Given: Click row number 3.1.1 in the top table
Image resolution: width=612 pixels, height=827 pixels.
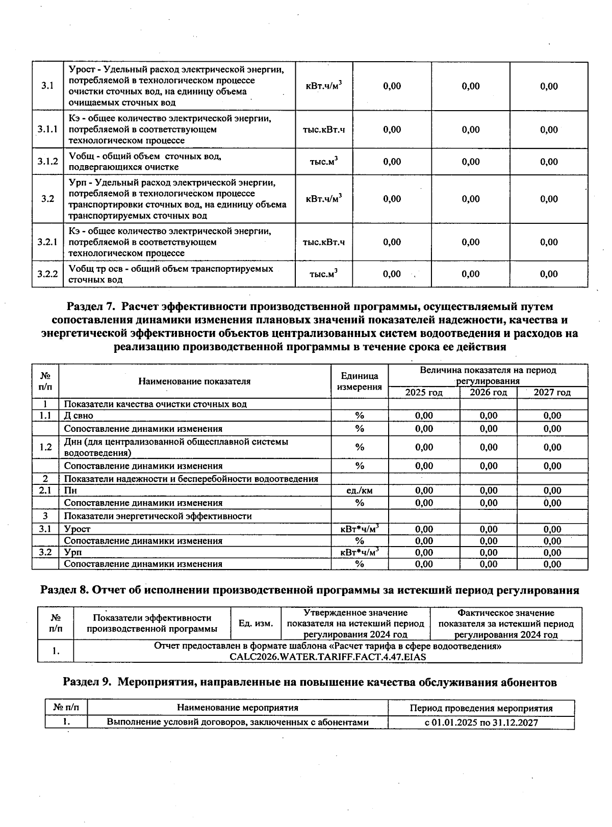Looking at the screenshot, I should [47, 130].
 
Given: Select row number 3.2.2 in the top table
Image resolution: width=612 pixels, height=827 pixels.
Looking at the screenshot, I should [47, 274].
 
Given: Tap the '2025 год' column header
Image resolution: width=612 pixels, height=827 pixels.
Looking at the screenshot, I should [424, 393].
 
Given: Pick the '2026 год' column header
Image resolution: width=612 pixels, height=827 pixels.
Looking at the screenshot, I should [488, 393].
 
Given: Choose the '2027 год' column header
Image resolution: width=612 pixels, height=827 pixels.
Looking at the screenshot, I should [552, 393].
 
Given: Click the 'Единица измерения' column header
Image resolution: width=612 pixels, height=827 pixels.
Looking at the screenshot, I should [360, 381].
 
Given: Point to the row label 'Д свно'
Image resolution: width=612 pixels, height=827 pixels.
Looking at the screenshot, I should [79, 416].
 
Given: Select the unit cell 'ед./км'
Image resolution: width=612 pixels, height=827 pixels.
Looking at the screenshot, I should [360, 491].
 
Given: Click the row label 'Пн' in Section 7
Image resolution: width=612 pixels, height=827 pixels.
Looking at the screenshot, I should [70, 491].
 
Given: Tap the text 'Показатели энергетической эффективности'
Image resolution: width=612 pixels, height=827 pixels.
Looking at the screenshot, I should [158, 516].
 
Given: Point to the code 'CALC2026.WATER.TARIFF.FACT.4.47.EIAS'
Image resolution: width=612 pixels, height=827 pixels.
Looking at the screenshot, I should [327, 657].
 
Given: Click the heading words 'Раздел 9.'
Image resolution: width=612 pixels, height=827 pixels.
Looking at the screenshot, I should [87, 682].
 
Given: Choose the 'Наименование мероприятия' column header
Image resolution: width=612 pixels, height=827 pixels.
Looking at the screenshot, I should [237, 708].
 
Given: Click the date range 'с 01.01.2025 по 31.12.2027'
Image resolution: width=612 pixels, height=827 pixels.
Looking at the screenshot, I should [481, 722].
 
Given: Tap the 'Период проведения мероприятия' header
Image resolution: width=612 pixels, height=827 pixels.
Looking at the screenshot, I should [481, 708].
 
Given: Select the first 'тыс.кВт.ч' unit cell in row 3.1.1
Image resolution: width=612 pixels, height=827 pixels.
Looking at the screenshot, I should [324, 130].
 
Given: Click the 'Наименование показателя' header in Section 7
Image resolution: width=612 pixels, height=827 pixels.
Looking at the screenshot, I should [194, 381].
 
